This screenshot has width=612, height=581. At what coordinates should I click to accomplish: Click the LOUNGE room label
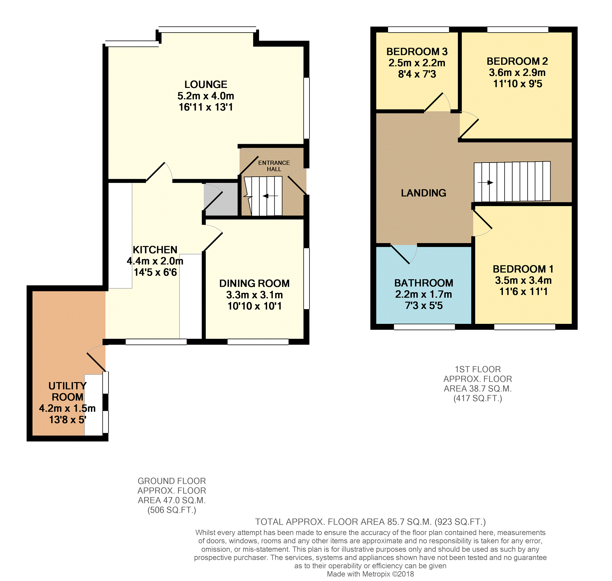206,84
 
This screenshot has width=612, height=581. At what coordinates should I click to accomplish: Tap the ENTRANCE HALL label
274,166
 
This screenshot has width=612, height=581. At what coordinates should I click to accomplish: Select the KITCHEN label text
155,250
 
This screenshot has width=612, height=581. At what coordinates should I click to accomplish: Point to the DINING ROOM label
254,283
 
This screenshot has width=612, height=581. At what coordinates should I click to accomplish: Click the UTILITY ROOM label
67,391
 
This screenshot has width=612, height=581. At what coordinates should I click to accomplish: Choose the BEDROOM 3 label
417,51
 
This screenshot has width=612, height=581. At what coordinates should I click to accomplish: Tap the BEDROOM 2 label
517,61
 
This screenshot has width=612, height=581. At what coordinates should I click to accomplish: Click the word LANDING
423,193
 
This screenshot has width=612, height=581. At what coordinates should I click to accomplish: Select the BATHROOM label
423,283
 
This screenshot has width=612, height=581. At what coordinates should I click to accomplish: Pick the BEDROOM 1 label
523,269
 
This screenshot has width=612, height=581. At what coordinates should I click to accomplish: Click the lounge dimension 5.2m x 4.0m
206,96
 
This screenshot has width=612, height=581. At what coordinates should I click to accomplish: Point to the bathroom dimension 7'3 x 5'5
424,305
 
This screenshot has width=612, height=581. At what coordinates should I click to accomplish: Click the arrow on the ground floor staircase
270,196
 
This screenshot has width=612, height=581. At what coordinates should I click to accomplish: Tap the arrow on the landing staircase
485,182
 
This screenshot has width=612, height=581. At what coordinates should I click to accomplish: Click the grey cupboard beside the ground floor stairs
221,199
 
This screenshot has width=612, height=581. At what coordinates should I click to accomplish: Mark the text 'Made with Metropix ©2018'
371,574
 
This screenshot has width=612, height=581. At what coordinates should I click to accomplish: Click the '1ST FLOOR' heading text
478,369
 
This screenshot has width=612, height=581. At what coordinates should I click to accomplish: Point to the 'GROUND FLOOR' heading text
172,481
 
